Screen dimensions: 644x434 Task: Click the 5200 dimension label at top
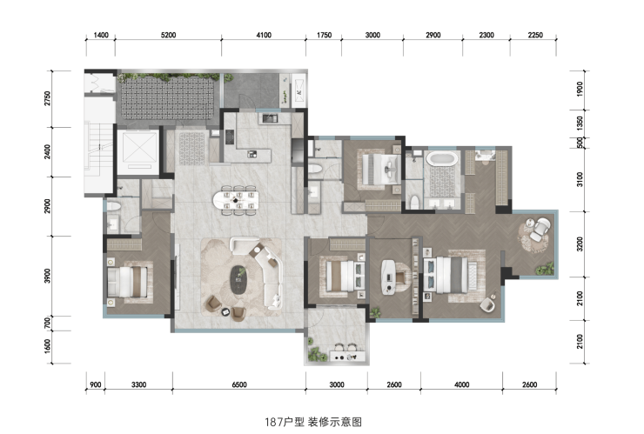pyautogui.click(x=168, y=36)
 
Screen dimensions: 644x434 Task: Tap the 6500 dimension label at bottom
pyautogui.click(x=239, y=384)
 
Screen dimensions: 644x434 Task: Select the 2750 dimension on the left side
pyautogui.click(x=48, y=98)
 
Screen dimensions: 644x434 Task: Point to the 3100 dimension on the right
pyautogui.click(x=580, y=179)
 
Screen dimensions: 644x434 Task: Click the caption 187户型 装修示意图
pyautogui.click(x=313, y=422)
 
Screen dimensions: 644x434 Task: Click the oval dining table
pyautogui.click(x=236, y=200)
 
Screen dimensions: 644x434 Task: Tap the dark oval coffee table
pyautogui.click(x=238, y=280)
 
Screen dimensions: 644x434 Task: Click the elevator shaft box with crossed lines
pyautogui.click(x=138, y=150)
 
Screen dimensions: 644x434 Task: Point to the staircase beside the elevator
pyautogui.click(x=98, y=146)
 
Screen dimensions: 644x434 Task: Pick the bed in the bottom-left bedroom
pyautogui.click(x=127, y=282)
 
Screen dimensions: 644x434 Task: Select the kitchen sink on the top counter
pyautogui.click(x=270, y=118)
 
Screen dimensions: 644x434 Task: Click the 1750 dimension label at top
pyautogui.click(x=324, y=36)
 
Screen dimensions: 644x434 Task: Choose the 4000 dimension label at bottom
pyautogui.click(x=461, y=384)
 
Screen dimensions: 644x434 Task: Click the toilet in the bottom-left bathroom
pyautogui.click(x=113, y=206)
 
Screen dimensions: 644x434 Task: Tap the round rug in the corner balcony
pyautogui.click(x=535, y=236)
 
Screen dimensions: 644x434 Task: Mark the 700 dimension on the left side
pyautogui.click(x=48, y=324)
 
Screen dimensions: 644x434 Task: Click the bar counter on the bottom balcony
pyautogui.click(x=347, y=356)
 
